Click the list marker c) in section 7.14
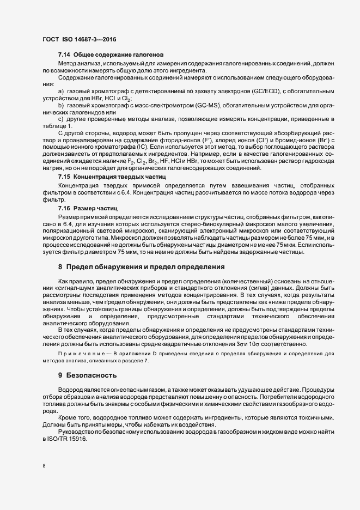pos(61,118)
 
